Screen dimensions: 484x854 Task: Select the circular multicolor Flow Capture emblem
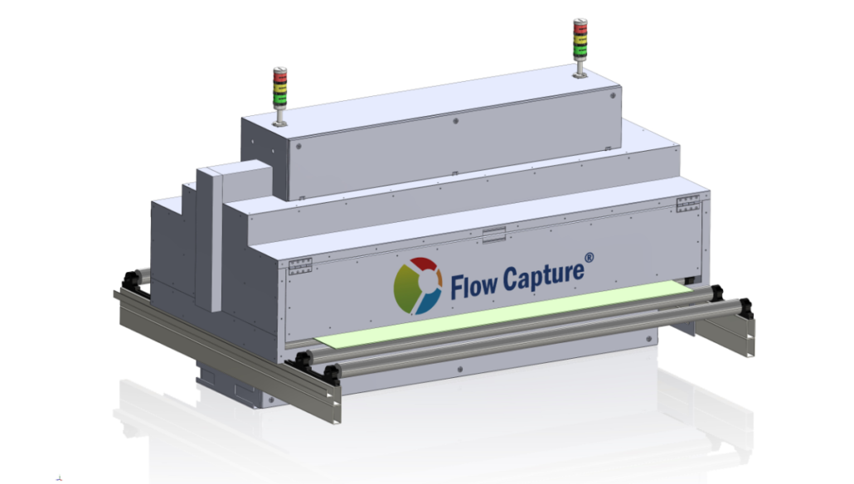click(x=417, y=286)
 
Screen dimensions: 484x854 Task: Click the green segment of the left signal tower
click(x=279, y=98)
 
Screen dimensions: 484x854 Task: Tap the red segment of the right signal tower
click(x=579, y=27)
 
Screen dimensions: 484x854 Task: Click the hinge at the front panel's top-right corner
click(x=688, y=204)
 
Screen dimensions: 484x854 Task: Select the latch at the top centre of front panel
click(x=493, y=235)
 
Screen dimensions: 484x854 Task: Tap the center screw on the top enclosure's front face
click(x=456, y=121)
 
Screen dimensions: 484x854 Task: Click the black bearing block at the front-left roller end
click(x=329, y=374)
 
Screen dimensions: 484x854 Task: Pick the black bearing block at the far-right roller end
click(x=745, y=307)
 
